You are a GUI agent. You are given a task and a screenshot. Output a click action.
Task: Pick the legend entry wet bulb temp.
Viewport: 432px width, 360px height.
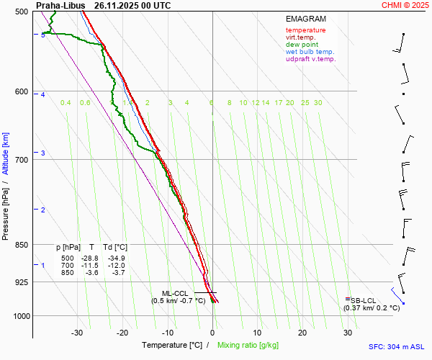pos(310,52)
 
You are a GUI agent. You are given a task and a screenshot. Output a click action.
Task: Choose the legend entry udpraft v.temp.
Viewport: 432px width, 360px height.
pos(311,59)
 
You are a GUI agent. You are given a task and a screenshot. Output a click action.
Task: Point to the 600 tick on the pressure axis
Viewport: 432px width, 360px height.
pos(21,91)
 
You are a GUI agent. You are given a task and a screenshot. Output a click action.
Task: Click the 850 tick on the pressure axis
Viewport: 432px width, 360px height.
pos(21,245)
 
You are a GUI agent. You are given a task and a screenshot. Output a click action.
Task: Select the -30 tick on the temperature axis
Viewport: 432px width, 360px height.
pos(77,333)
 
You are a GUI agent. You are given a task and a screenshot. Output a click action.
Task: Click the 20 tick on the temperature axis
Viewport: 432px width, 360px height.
pos(302,333)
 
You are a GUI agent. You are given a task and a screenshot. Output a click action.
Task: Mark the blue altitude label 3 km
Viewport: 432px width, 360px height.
pos(43,153)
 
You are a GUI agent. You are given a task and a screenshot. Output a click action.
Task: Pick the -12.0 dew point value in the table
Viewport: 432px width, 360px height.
pos(116,266)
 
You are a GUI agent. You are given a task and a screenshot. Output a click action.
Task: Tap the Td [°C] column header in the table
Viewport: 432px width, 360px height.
pos(114,248)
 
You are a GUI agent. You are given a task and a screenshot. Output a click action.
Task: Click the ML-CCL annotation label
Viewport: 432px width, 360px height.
pos(174,293)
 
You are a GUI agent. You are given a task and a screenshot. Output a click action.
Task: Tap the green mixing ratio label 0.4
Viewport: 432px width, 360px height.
pos(66,103)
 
